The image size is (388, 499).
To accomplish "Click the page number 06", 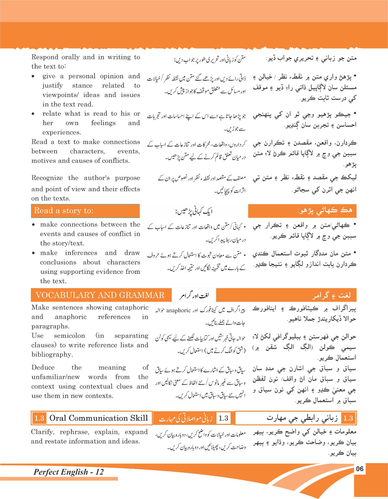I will point(360,469).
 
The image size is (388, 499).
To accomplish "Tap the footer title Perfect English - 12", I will point(68,472).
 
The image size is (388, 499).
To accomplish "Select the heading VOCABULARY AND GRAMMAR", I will point(100,295).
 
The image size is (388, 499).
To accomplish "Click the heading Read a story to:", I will point(64,211).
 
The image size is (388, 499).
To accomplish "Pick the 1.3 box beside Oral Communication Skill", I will point(39,418).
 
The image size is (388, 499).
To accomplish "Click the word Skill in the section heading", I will point(139,418).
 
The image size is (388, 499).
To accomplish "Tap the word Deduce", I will point(43,367).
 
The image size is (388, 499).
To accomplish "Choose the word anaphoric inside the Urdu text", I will point(178,310).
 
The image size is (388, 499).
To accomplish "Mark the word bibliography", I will point(52,355).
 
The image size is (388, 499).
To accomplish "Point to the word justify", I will point(52,85).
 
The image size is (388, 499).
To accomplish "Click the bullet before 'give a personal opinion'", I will point(33,76).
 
